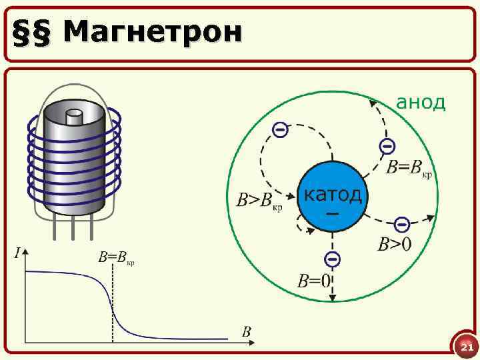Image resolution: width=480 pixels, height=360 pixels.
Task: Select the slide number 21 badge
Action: (x=466, y=347)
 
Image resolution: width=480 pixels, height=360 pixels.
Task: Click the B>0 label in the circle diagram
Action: (x=395, y=245)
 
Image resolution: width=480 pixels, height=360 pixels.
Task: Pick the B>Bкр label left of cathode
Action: (x=259, y=200)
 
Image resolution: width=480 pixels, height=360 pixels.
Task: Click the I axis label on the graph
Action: (x=18, y=252)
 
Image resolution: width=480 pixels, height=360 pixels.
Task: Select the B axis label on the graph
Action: (x=246, y=331)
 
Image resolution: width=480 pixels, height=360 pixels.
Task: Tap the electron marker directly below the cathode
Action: (x=332, y=259)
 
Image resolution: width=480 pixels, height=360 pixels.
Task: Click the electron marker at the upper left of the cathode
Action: (x=281, y=130)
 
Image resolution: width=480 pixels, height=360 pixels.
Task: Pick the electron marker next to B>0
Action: (x=401, y=223)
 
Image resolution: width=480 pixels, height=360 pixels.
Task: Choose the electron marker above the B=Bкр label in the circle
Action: (x=386, y=146)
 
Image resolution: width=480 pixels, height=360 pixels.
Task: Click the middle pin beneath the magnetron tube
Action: (x=73, y=228)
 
